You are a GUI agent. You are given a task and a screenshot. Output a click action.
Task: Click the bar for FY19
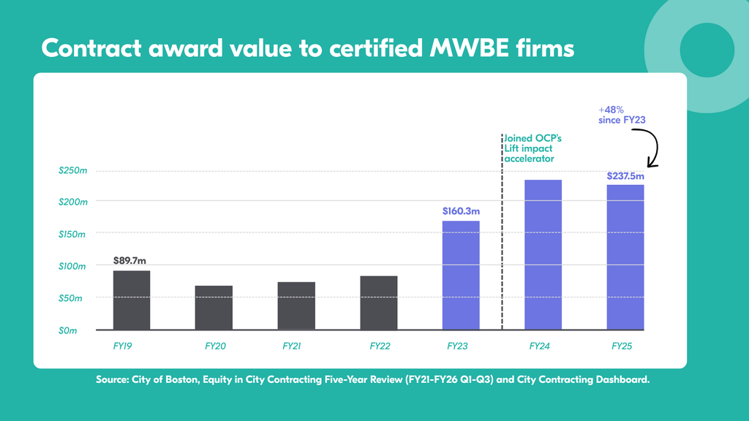point(132,300)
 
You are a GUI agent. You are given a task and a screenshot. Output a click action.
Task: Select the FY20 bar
point(214,308)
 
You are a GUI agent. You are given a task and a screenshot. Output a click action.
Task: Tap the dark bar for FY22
point(379,303)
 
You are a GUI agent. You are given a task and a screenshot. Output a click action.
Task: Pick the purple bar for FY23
point(461,276)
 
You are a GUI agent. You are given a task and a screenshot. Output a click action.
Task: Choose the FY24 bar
point(543,255)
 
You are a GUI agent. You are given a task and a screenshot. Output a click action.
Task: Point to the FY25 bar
point(625,257)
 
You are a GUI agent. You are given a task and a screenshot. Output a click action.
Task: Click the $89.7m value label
point(129,261)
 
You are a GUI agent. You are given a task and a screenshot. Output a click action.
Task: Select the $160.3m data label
point(461,211)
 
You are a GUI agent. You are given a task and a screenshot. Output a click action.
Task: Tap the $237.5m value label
point(625,176)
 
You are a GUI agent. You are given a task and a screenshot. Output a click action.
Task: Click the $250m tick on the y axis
point(72,170)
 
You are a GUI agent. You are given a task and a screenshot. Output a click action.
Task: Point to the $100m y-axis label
point(72,266)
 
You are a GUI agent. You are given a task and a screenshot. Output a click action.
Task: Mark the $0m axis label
point(67,331)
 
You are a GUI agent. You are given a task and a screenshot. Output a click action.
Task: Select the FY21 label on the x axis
point(291,346)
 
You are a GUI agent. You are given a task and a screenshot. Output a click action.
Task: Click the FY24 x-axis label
point(539,346)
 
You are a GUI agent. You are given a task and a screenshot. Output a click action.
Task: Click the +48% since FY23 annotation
point(622,115)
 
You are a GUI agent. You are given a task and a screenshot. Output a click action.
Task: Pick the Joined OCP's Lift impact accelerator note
point(533,148)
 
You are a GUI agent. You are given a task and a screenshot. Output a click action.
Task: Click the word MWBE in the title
point(469,48)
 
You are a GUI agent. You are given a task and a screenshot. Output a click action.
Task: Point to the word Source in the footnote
point(112,379)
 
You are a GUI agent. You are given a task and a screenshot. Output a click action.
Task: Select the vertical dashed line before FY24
point(502,232)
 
